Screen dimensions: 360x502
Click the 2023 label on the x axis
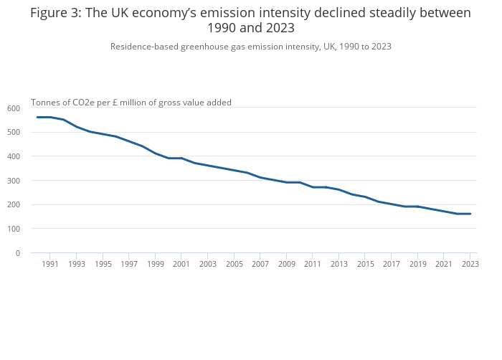(x=470, y=264)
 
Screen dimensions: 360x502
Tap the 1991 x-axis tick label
(x=50, y=264)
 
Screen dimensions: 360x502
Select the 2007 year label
(x=260, y=264)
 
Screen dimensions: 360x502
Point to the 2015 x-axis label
(x=365, y=264)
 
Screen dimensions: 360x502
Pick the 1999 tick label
(x=155, y=264)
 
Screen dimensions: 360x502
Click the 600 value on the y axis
(x=14, y=108)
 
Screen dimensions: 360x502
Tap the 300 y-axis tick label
(x=14, y=181)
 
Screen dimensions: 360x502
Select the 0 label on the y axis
(x=17, y=253)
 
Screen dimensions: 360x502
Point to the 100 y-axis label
(x=14, y=229)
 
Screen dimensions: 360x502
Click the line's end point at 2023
(x=470, y=214)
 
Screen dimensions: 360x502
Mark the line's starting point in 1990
(x=37, y=117)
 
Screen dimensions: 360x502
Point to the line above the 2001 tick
(x=181, y=158)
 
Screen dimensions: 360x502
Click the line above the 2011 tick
(x=313, y=187)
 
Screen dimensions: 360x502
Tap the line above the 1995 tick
(x=103, y=134)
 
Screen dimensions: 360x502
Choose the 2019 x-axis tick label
(x=417, y=264)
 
